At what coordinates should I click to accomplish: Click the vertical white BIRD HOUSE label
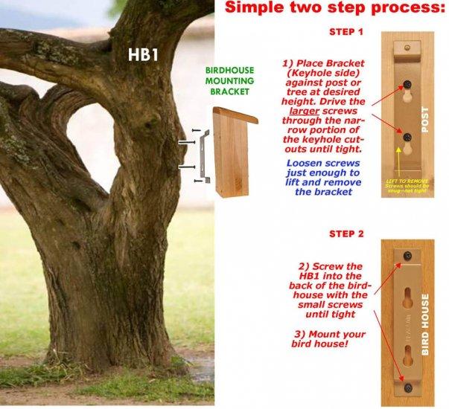(424, 323)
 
